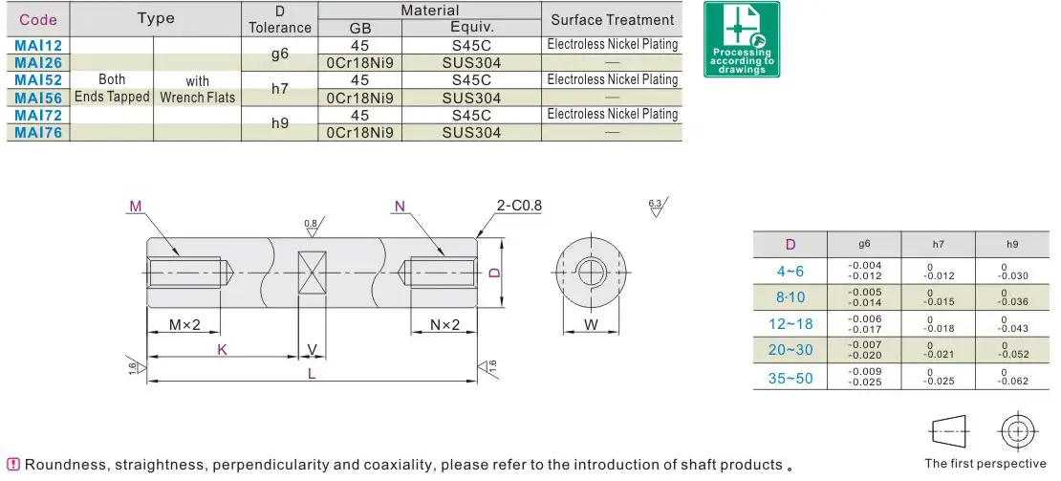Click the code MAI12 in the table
38,45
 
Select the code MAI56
38,98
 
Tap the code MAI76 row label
38,133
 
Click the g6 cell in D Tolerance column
279,55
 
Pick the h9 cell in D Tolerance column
279,123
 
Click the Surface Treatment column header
612,20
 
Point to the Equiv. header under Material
471,28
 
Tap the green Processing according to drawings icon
742,39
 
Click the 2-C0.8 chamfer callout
519,206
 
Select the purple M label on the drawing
136,206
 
